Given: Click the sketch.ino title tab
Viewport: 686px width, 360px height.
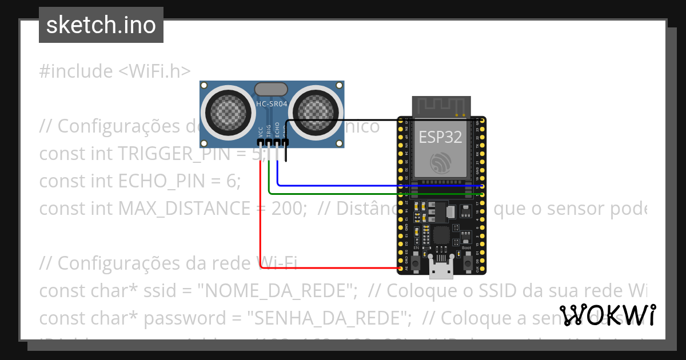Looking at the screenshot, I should click(x=101, y=25).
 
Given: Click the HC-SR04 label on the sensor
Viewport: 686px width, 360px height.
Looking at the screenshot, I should click(x=272, y=104).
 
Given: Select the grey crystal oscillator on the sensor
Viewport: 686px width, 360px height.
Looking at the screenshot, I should click(x=271, y=89).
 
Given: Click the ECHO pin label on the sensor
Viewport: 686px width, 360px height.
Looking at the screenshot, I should click(x=277, y=129).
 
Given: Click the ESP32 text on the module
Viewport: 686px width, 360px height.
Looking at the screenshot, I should click(x=440, y=137).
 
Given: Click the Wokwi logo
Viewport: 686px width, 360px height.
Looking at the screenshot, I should click(x=607, y=315).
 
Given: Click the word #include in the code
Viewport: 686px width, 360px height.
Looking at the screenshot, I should click(x=76, y=71).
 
